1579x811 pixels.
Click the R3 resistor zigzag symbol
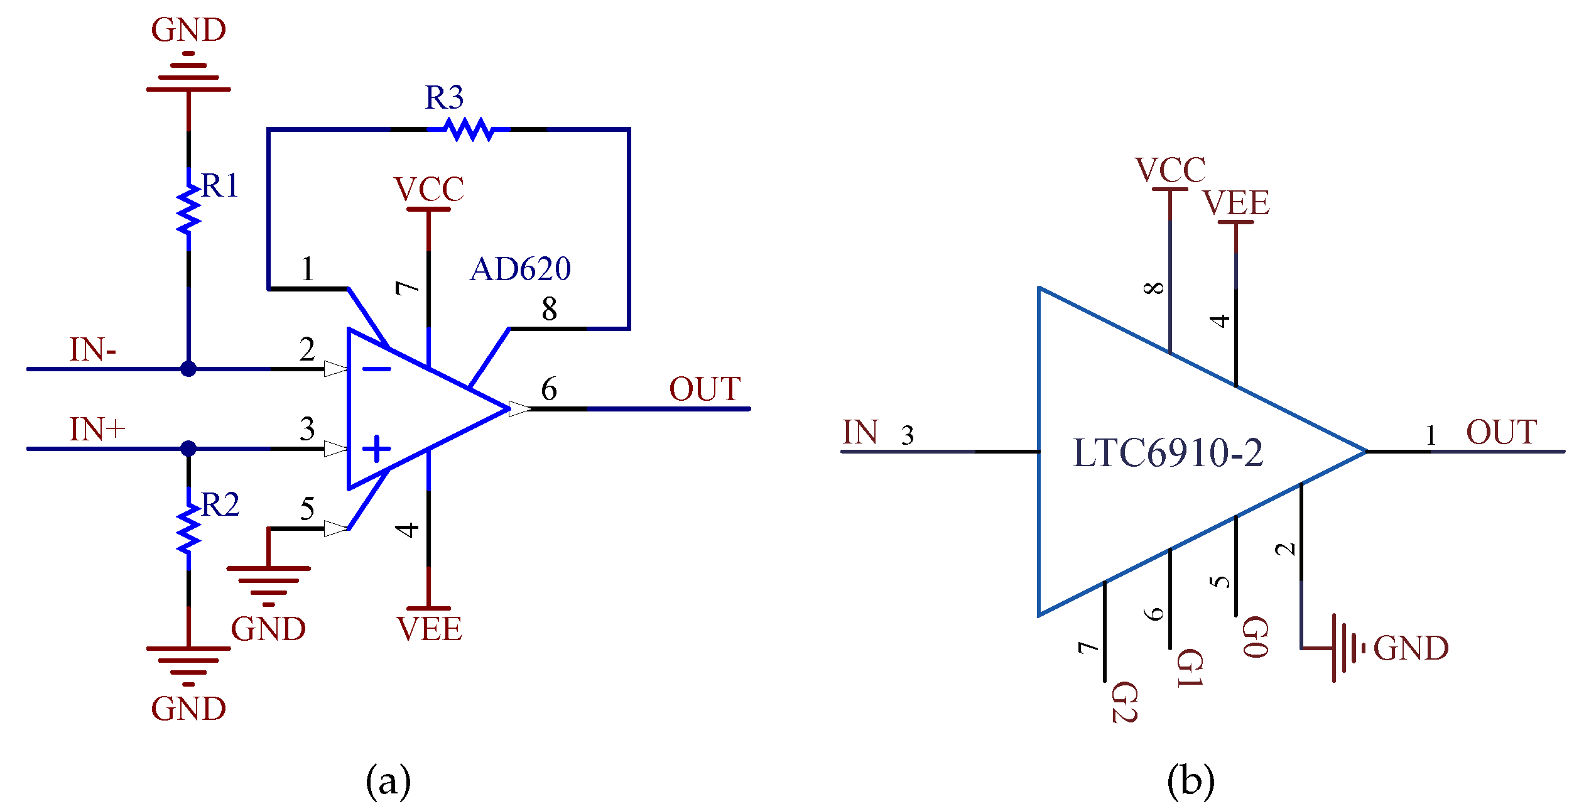468,129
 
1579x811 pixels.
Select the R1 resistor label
220,186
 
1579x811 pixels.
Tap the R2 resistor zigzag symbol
188,530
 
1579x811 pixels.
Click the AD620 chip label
520,269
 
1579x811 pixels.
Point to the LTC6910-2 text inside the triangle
1168,453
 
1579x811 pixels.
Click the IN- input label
93,350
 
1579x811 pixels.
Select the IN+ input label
97,430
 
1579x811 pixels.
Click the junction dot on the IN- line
188,369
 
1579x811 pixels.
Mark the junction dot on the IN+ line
188,449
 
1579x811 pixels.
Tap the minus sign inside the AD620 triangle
377,369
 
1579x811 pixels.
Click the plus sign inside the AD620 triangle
377,449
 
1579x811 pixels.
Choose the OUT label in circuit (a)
705,389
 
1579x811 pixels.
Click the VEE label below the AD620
429,629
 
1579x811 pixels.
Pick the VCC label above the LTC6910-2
1170,170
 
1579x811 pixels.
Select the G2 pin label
1124,702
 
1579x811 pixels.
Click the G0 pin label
1255,636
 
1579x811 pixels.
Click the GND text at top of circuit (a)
188,30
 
